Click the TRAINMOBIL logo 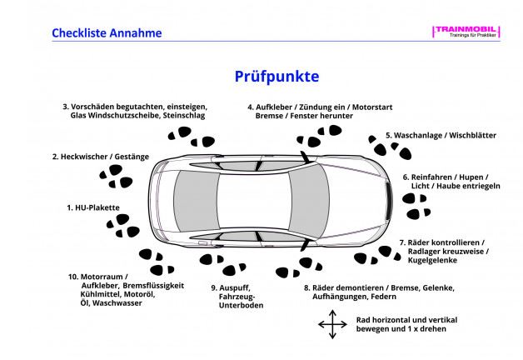click(466, 31)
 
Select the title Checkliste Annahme click(107, 33)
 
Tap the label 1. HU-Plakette click(93, 207)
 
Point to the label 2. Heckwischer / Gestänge click(100, 156)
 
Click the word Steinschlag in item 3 click(189, 116)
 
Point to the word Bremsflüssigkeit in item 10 click(152, 285)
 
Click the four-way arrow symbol click(332, 324)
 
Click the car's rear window click(190, 200)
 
